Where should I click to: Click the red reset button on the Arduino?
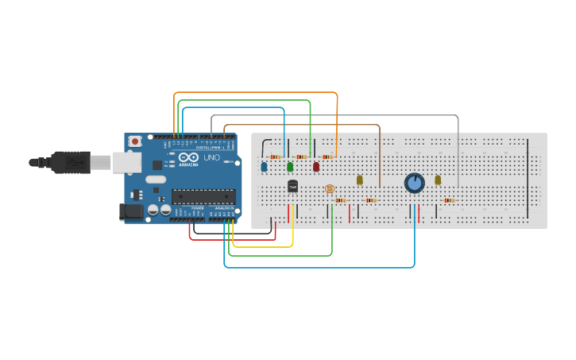pyautogui.click(x=135, y=141)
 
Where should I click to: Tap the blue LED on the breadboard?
pyautogui.click(x=264, y=167)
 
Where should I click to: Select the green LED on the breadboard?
pyautogui.click(x=290, y=167)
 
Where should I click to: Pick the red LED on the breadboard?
pyautogui.click(x=316, y=167)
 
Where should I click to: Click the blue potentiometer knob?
pyautogui.click(x=414, y=183)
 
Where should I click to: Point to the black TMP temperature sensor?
pyautogui.click(x=292, y=186)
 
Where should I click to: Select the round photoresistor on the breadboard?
pyautogui.click(x=330, y=188)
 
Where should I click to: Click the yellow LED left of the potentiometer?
pyautogui.click(x=359, y=180)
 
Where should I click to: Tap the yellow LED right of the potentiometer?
pyautogui.click(x=438, y=180)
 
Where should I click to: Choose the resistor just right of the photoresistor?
pyautogui.click(x=341, y=200)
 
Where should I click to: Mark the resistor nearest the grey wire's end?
pyautogui.click(x=450, y=200)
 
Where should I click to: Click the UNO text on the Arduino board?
pyautogui.click(x=212, y=157)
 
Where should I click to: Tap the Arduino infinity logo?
pyautogui.click(x=187, y=158)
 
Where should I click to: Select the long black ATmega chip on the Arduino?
pyautogui.click(x=203, y=196)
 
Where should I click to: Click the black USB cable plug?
pyautogui.click(x=72, y=162)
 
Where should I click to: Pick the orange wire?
pyautogui.click(x=254, y=93)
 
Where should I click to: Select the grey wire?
pyautogui.click(x=334, y=115)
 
